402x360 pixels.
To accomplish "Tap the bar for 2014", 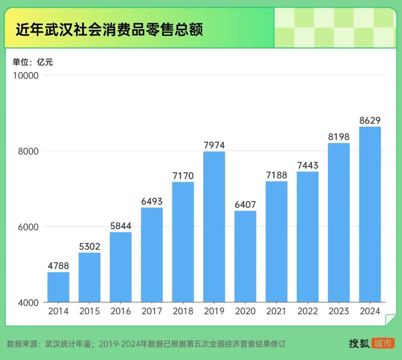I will point(58,287).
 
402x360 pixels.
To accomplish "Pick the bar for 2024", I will point(370,214).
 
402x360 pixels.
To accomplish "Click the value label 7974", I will point(214,145).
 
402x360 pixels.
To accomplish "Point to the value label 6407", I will point(245,205).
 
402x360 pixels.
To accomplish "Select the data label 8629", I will point(370,120).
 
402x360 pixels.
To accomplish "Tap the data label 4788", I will point(58,266).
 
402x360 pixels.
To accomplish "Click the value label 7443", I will point(308,165).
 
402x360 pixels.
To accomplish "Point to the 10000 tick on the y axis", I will point(26,76).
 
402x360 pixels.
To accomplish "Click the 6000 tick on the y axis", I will point(28,227).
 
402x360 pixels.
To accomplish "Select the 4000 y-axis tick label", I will point(28,303).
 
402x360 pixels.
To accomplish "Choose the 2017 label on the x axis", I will point(152,311).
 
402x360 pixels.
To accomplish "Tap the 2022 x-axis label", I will point(308,311).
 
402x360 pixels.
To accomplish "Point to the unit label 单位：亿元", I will point(33,62).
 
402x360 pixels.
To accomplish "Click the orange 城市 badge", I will point(383,343).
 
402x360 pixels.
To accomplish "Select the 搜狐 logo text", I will point(359,343).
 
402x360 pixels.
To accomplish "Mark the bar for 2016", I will point(121,267).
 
